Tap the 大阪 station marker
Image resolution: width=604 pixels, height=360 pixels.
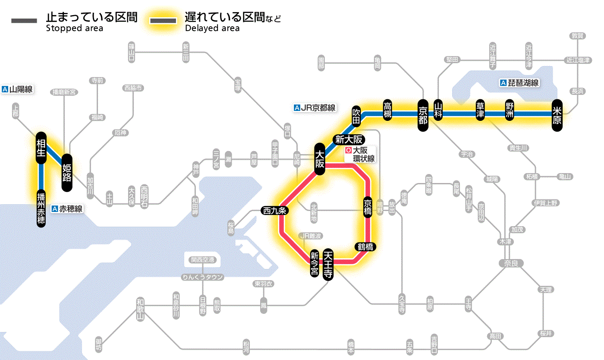[x=319, y=158]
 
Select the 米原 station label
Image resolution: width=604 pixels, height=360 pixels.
[x=557, y=115]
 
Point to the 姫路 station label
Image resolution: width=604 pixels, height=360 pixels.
[x=67, y=173]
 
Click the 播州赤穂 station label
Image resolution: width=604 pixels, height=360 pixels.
[x=41, y=208]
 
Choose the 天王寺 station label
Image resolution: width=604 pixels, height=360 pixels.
[x=328, y=265]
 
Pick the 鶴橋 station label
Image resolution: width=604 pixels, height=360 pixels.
[x=365, y=247]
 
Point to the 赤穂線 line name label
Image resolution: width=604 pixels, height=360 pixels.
[x=67, y=209]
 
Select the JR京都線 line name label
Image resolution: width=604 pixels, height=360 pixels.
[x=315, y=107]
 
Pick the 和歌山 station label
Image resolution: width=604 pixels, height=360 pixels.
[x=140, y=308]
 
